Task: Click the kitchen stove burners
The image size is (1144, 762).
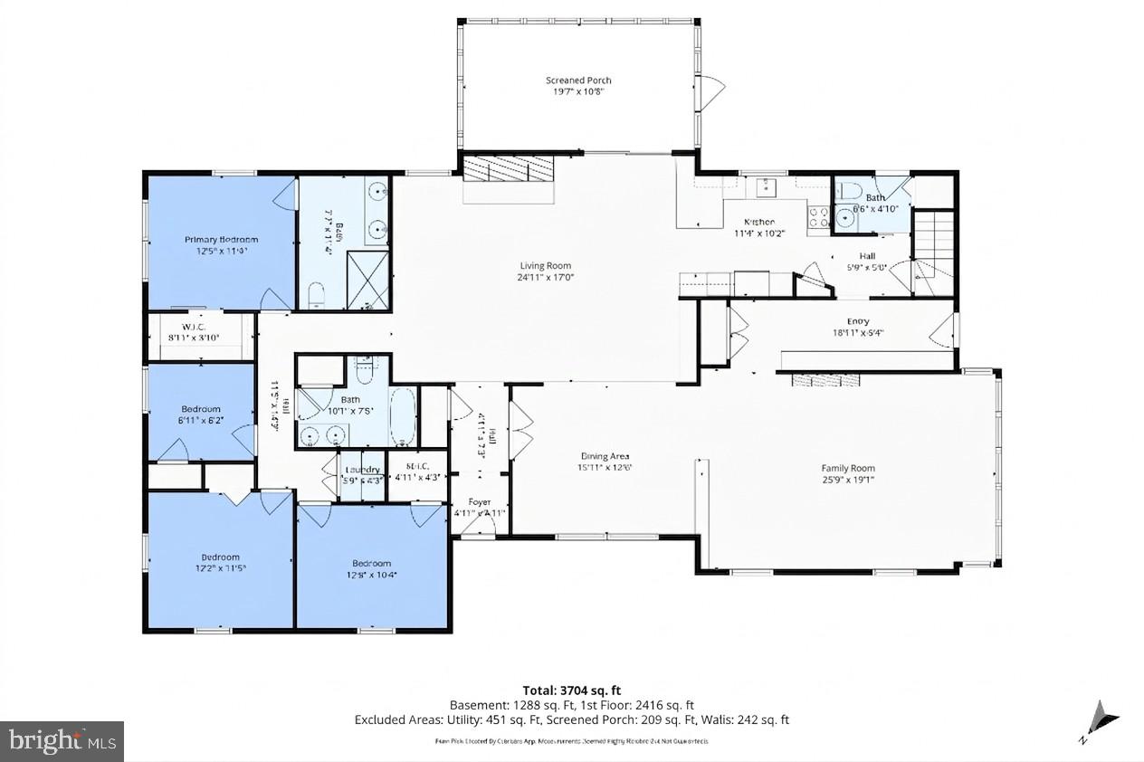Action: (819, 217)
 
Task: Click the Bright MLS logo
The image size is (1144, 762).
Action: (62, 741)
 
